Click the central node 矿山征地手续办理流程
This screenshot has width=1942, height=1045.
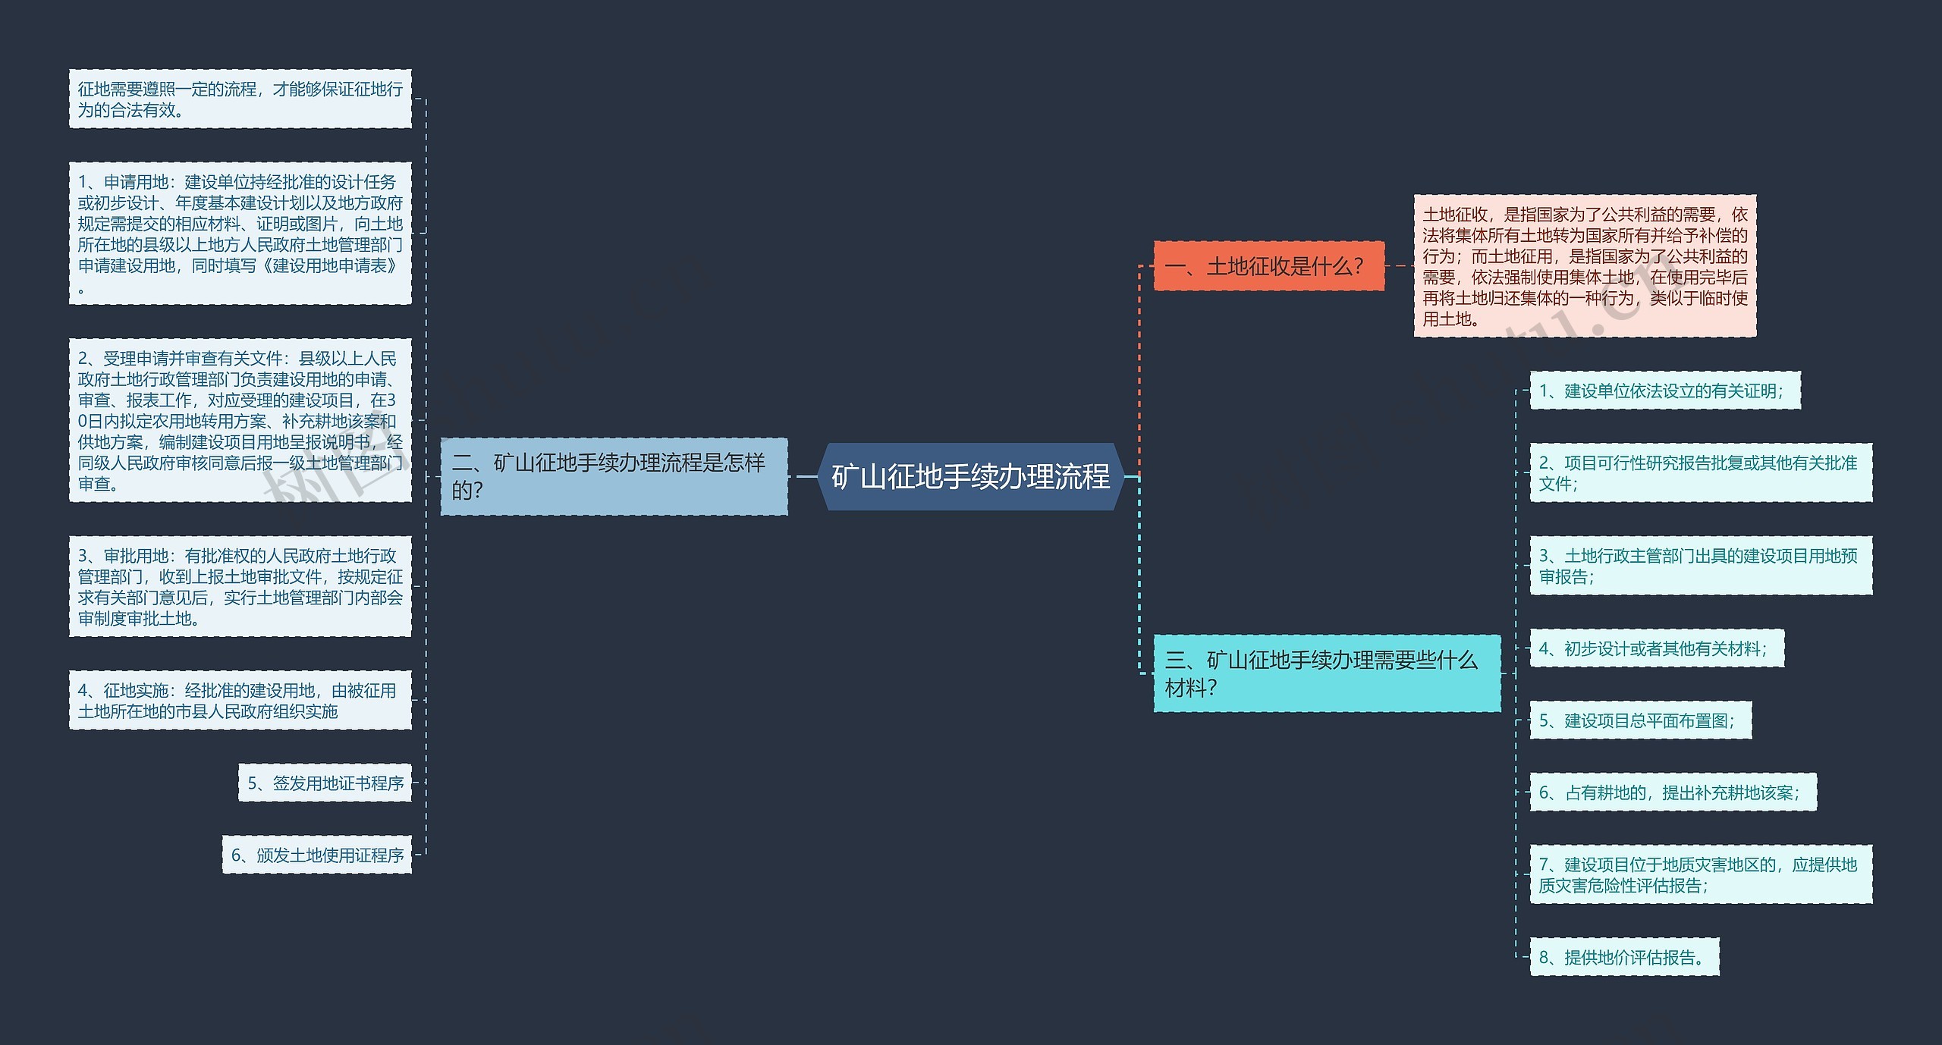click(x=970, y=476)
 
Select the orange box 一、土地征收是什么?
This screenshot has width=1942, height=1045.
click(x=1268, y=266)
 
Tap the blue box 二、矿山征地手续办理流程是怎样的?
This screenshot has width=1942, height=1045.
click(x=614, y=476)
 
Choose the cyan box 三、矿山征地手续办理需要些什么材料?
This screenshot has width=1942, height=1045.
click(x=1326, y=673)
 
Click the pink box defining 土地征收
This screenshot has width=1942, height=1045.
click(x=1584, y=266)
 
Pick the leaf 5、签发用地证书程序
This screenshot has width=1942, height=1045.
click(x=325, y=783)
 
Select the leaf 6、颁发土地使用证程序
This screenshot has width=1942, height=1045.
click(x=317, y=855)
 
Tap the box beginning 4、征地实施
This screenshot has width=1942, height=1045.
click(x=240, y=700)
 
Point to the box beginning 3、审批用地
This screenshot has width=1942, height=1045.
click(x=240, y=586)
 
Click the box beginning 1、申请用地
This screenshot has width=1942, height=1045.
click(x=240, y=234)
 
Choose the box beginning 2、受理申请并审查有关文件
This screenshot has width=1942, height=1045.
click(x=240, y=420)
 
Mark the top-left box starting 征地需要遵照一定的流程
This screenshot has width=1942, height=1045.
click(x=240, y=99)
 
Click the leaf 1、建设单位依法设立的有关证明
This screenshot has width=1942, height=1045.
click(x=1664, y=391)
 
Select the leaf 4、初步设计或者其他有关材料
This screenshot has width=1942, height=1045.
click(x=1656, y=648)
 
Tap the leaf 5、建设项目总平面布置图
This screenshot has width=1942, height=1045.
click(x=1640, y=720)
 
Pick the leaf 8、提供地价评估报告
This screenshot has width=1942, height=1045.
click(x=1624, y=957)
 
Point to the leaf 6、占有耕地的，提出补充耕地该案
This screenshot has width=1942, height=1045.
click(x=1672, y=792)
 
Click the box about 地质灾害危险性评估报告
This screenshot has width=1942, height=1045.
click(x=1700, y=874)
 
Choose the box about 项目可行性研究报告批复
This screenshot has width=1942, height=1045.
click(x=1700, y=472)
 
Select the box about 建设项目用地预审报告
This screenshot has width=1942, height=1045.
click(x=1700, y=566)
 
